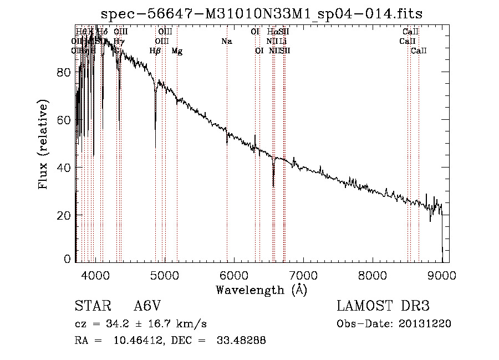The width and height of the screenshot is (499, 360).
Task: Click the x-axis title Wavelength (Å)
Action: (261, 290)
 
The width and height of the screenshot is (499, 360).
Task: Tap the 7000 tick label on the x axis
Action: (303, 275)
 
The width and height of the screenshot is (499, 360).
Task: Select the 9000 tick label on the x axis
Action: (442, 275)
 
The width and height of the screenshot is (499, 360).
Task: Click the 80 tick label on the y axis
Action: (65, 72)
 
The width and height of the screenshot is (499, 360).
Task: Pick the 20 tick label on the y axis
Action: (65, 215)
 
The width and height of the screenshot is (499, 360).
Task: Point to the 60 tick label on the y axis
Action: (65, 120)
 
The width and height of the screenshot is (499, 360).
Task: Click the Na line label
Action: (226, 41)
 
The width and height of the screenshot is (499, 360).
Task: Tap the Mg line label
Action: (177, 51)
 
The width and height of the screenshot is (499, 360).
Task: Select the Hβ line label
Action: (155, 51)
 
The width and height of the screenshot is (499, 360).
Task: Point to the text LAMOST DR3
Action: (383, 306)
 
